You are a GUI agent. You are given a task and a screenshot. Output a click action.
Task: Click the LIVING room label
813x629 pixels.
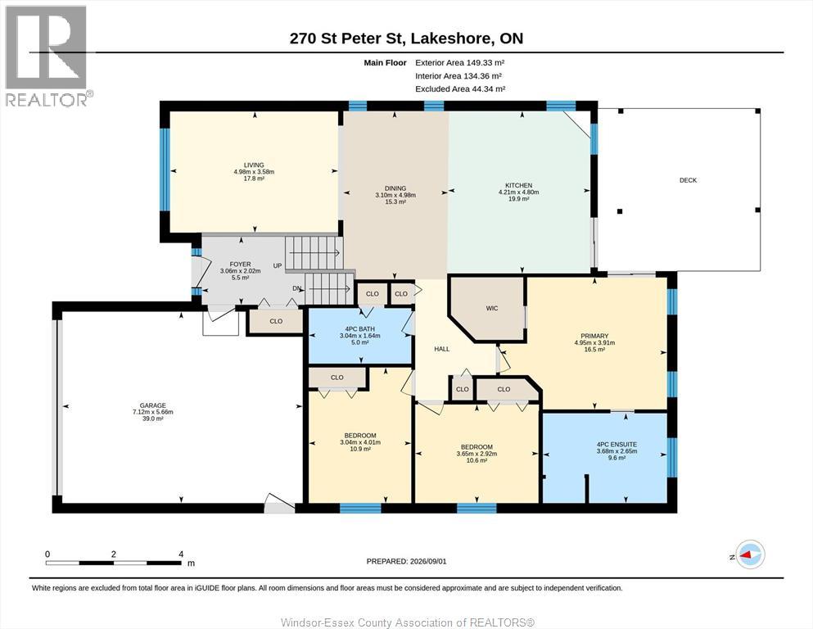pos(254,165)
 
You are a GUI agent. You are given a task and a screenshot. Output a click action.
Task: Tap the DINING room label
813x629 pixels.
pos(395,188)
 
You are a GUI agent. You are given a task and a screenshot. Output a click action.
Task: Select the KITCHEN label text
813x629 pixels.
pos(519,185)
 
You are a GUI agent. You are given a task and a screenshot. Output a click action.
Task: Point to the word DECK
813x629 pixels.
pos(688,180)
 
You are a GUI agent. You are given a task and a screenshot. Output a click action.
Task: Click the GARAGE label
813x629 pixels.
pos(153,405)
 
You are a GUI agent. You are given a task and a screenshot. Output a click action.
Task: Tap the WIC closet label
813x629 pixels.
pos(492,308)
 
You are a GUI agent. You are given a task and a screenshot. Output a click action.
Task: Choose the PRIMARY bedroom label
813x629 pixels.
pos(594,336)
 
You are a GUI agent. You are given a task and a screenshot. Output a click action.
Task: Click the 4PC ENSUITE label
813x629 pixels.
pos(617,445)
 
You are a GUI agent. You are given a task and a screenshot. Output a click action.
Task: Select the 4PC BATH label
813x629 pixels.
pos(360,328)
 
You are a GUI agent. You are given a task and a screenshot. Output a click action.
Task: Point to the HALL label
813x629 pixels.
pos(442,349)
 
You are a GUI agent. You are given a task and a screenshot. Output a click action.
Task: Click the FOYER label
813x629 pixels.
pos(240,264)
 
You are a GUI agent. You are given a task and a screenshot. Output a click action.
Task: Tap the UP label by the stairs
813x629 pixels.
pos(278,265)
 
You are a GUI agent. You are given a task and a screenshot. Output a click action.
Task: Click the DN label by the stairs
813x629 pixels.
pos(297,288)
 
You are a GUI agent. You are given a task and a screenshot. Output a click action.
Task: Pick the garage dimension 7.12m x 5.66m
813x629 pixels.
pos(153,412)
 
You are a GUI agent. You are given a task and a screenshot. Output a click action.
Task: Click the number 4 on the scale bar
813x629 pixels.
pos(181,554)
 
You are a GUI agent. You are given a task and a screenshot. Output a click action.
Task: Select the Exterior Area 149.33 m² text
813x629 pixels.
pos(460,63)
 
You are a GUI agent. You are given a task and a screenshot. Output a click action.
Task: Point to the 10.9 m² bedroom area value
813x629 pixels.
pos(360,449)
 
